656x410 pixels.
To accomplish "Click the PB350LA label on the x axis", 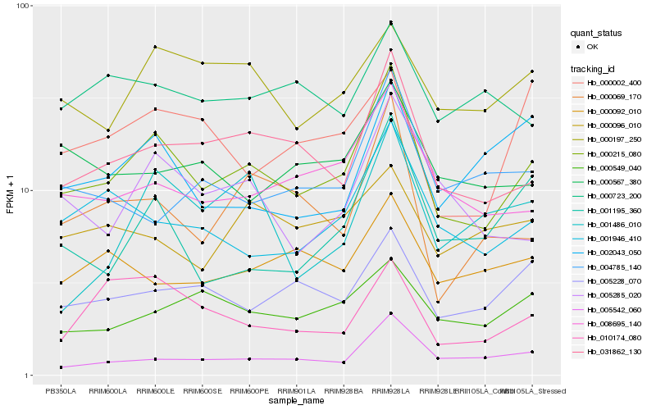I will pos(61,391).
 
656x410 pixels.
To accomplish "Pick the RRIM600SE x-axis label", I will pos(202,391).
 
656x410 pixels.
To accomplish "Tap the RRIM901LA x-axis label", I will pos(296,391).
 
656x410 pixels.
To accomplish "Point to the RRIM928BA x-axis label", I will pos(344,391).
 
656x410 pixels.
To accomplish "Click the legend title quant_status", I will pos(598,34).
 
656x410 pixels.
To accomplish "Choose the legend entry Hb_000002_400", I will pos(614,83).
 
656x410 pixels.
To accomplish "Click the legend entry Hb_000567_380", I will pos(614,181).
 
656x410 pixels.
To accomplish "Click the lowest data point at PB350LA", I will pos(61,367).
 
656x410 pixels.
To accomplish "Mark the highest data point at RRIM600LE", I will pos(155,47).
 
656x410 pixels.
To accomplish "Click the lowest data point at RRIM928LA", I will pos(391,313).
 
